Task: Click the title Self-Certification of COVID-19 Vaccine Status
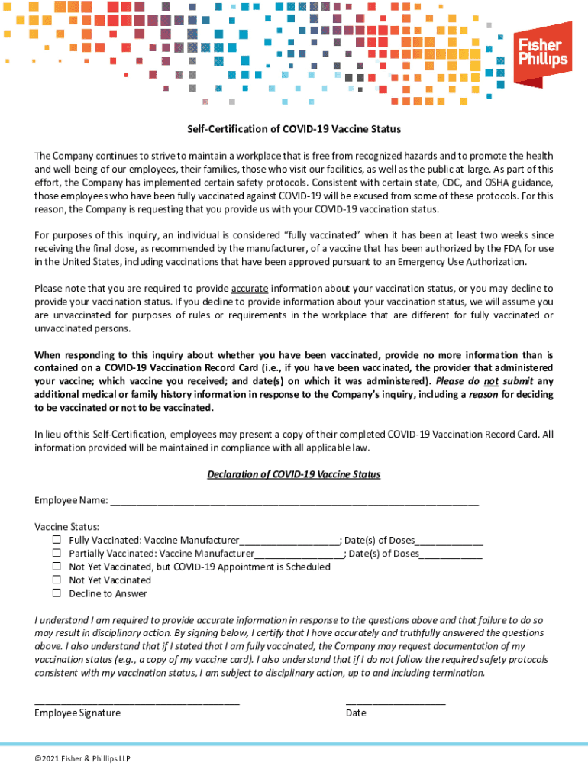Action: click(294, 129)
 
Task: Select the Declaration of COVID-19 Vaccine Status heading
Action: click(294, 474)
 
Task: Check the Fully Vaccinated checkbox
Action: click(57, 540)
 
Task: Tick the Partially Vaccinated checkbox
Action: click(57, 553)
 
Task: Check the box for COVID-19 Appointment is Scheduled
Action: click(57, 567)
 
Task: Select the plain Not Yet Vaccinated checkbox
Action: click(57, 580)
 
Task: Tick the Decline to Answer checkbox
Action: click(57, 593)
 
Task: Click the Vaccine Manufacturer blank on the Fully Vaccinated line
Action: click(289, 541)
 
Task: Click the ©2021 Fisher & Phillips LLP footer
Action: click(76, 758)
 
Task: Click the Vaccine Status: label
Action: click(66, 526)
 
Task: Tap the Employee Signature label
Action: click(77, 713)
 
